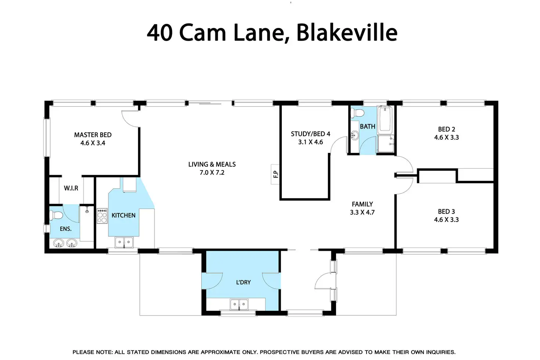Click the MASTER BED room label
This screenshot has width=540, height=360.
pos(93,135)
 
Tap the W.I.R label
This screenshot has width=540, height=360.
pos(71,188)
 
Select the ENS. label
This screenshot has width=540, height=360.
pos(66,229)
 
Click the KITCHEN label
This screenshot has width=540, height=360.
pos(124,215)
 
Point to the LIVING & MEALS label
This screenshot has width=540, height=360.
pos(212,164)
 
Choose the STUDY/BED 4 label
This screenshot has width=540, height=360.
pos(310,134)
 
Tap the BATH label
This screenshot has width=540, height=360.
pos(368,126)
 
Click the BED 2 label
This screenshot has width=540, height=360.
pos(446,129)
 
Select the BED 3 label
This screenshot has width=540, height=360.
pos(446,212)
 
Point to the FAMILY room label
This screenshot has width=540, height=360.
pos(362,204)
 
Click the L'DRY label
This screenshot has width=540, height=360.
pos(243,282)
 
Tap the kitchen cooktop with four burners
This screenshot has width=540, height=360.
pos(102,216)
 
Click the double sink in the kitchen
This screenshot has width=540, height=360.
pos(124,242)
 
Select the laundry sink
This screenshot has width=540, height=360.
pos(239,304)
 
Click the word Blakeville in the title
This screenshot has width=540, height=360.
pos(347,33)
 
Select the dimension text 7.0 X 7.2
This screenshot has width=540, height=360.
pos(212,172)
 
